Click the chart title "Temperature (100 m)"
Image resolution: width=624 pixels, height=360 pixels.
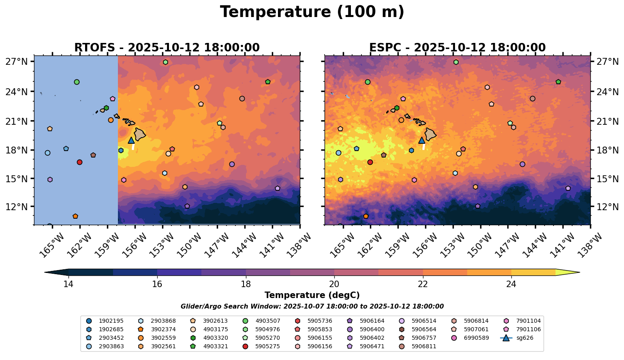coord(312,12)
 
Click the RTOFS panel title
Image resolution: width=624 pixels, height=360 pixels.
coord(167,48)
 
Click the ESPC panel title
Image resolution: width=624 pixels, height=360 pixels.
coord(457,48)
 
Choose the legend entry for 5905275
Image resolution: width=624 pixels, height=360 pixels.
coord(267,346)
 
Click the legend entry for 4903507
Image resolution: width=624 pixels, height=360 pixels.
coord(267,321)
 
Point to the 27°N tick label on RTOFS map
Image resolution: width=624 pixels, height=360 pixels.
coord(16,62)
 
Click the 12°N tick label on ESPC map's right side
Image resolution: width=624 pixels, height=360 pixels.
coord(608,207)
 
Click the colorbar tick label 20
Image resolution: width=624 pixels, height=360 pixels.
coord(334,284)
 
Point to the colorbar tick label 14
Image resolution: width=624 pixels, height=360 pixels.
coord(68,284)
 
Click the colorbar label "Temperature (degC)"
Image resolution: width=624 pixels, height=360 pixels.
coord(312,295)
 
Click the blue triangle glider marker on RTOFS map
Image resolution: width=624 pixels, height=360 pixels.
coord(131,140)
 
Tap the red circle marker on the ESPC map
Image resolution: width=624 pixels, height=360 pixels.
coord(370,162)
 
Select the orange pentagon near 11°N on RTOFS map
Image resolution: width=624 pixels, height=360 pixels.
coord(75,216)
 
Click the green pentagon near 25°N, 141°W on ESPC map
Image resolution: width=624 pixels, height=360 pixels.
coord(558,82)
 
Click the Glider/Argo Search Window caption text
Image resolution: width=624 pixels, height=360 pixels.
coord(312,307)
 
